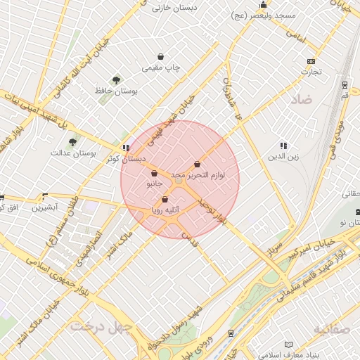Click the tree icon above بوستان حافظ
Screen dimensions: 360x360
(x=116, y=80)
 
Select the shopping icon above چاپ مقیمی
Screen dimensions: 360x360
(x=162, y=57)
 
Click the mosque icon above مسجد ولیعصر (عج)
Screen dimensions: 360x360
(x=264, y=5)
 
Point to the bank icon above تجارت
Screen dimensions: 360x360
(x=311, y=61)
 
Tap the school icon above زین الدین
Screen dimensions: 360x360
(x=283, y=146)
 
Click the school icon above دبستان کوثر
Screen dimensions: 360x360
(x=126, y=148)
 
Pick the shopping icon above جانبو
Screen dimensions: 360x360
(x=154, y=173)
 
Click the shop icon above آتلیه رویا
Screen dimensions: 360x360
(x=165, y=199)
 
